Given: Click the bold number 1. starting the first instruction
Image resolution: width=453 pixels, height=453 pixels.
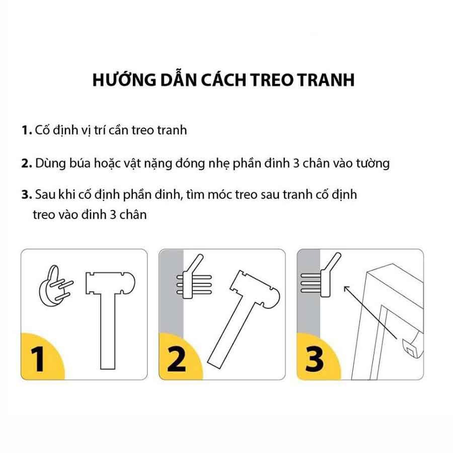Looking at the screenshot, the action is pyautogui.click(x=27, y=130).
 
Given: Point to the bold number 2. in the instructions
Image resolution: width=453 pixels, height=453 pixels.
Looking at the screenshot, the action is pyautogui.click(x=27, y=164).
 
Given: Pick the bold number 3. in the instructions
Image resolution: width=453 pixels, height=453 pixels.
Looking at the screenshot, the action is pyautogui.click(x=27, y=194).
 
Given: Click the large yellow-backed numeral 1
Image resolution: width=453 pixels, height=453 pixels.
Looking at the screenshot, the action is pyautogui.click(x=38, y=359).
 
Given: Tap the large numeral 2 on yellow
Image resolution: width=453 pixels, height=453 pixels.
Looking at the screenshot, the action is pyautogui.click(x=176, y=359).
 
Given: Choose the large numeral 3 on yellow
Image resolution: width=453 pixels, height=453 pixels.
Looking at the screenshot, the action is pyautogui.click(x=314, y=359).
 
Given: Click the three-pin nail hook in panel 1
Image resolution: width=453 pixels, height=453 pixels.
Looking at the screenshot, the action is pyautogui.click(x=55, y=286).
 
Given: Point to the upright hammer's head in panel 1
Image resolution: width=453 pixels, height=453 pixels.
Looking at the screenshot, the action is pyautogui.click(x=110, y=283).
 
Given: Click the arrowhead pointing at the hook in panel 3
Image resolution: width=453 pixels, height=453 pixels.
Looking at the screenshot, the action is pyautogui.click(x=346, y=289).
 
